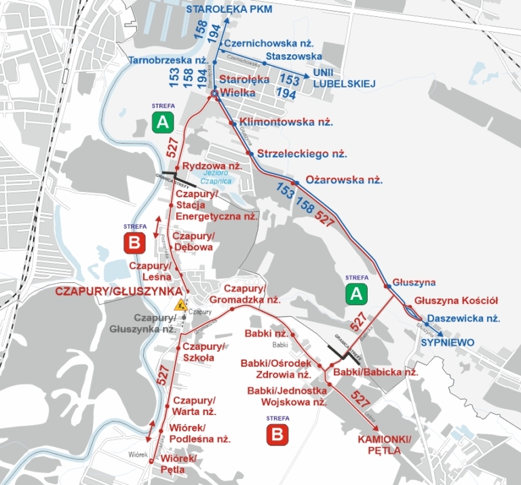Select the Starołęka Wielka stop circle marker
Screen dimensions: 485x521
[x=213, y=94]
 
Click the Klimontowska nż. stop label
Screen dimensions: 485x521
[x=286, y=123]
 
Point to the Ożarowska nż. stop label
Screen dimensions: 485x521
[x=345, y=181]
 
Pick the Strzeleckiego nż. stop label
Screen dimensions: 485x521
[x=302, y=154]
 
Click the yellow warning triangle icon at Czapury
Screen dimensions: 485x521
[x=180, y=305]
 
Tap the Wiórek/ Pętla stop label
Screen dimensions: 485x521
[x=178, y=464]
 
